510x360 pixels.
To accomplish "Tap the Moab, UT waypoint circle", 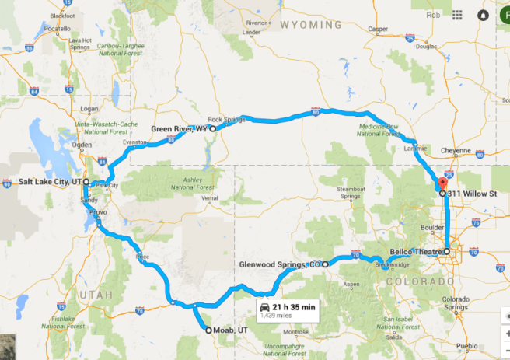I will [208, 330].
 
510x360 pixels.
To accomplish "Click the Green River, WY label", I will [179, 129].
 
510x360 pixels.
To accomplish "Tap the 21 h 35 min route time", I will [294, 307].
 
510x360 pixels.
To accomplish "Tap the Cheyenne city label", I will [456, 150].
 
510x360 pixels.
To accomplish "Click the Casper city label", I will [379, 29].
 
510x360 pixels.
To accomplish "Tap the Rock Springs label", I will [226, 109].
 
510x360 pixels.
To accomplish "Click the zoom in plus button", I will [501, 332].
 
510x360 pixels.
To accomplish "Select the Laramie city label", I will [417, 148].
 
